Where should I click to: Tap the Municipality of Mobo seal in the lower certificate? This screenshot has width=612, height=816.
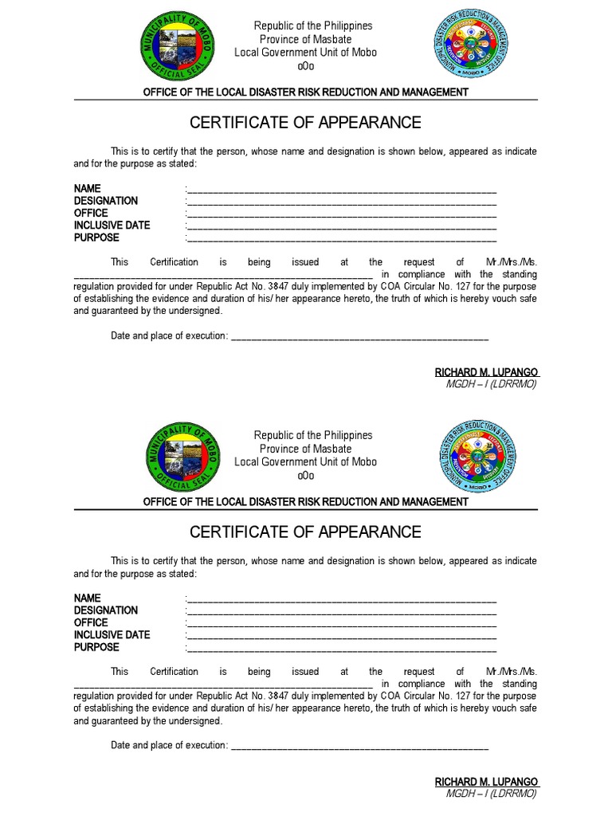click(x=184, y=457)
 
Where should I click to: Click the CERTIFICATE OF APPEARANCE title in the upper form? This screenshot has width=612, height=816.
click(x=305, y=123)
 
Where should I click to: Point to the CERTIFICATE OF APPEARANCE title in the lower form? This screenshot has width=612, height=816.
click(x=305, y=532)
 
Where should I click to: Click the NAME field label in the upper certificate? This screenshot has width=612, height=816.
click(x=88, y=189)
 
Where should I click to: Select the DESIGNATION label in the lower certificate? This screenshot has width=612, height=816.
click(x=106, y=610)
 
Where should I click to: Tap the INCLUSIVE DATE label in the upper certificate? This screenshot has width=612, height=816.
click(x=112, y=226)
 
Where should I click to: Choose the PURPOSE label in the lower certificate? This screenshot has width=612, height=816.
click(x=96, y=647)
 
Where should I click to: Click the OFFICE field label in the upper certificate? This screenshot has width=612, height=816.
click(x=91, y=214)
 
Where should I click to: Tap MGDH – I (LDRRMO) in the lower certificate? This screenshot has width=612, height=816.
click(x=491, y=794)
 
